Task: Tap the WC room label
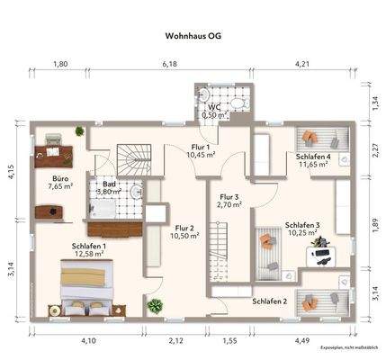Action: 214,107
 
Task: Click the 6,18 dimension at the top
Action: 169,65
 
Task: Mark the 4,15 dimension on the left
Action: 12,173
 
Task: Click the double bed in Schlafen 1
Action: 88,290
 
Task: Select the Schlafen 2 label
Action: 270,301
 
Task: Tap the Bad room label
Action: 109,183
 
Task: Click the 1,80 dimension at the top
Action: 60,65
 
